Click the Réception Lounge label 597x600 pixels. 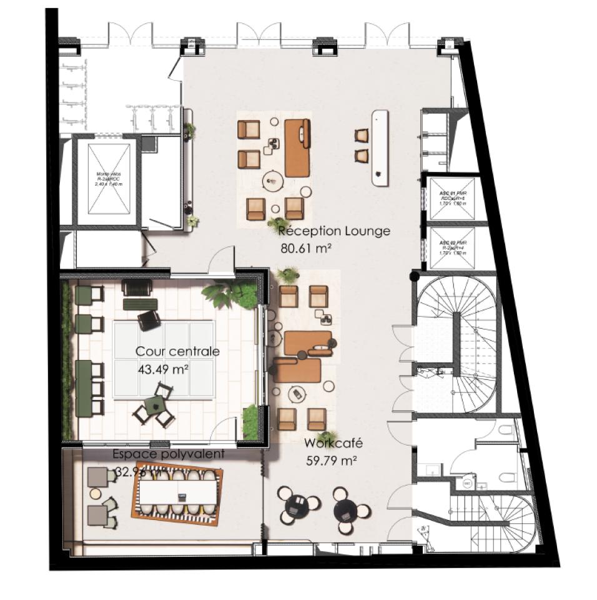(335, 231)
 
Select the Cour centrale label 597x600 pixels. (177, 352)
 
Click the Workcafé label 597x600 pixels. (333, 444)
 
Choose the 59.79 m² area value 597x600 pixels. (332, 461)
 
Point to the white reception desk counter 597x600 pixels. (380, 147)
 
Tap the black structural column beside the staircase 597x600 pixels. (413, 276)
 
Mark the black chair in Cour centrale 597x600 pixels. (149, 319)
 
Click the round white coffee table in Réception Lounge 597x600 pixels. (273, 181)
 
